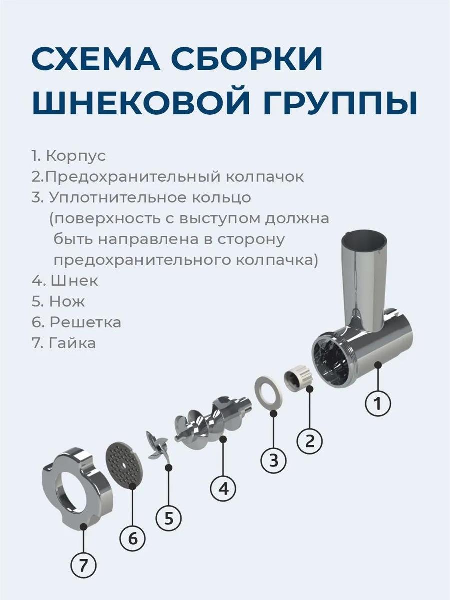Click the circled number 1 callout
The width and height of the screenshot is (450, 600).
378,403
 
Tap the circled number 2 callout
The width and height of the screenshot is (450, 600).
309,441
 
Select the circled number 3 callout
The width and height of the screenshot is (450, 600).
274,460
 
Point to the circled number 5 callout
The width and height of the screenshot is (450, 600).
169,518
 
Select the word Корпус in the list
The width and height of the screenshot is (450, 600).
76,156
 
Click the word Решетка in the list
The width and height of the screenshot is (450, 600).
85,322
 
